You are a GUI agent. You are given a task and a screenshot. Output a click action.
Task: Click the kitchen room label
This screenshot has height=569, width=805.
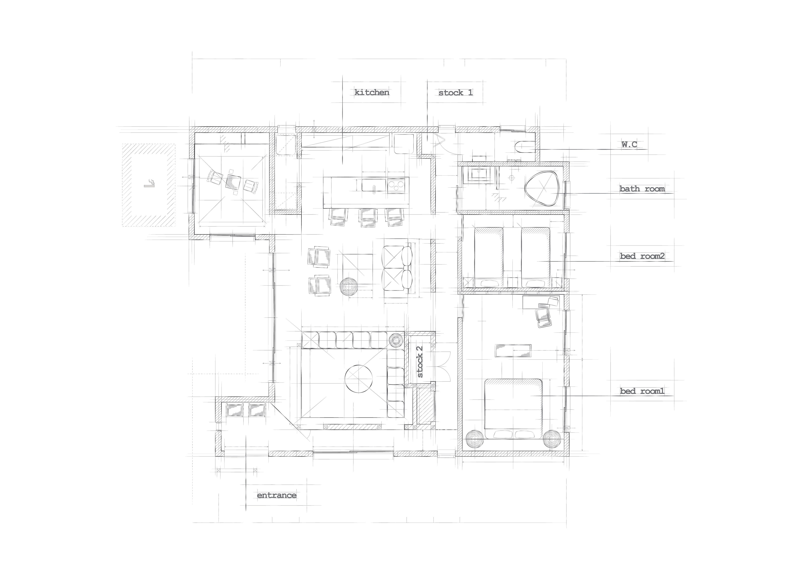coord(372,93)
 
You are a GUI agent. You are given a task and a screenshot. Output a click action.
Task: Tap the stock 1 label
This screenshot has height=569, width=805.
coord(455,93)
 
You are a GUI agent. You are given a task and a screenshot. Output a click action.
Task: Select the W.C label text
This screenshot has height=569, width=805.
coord(629,144)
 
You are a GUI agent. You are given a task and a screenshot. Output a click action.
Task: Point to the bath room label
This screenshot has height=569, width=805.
coord(642,189)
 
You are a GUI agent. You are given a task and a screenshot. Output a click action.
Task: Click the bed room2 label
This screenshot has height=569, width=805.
coord(642,256)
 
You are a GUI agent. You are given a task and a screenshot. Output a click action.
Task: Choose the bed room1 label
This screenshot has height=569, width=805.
coord(642,391)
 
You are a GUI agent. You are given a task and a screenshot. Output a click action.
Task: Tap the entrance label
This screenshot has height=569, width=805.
coord(277,495)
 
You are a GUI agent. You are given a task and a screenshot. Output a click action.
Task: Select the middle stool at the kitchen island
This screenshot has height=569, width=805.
coord(368,217)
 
